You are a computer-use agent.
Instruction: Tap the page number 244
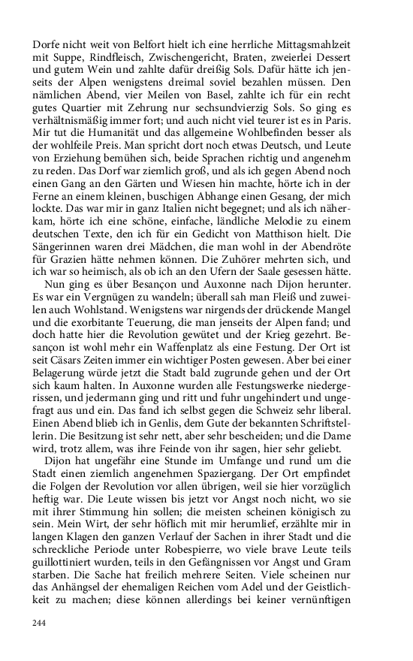point(41,623)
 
